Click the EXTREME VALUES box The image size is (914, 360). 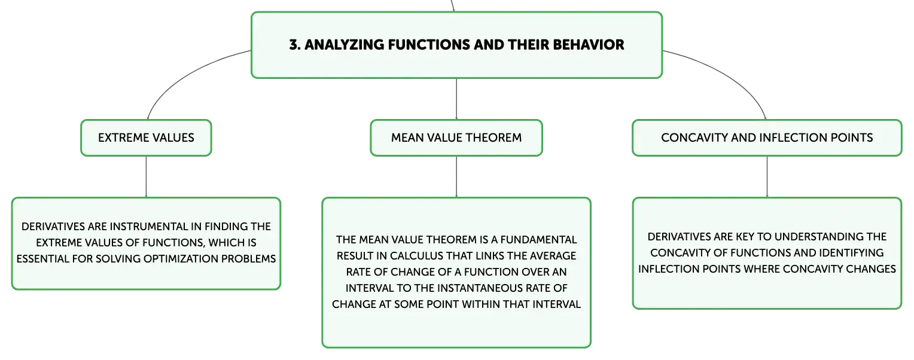click(x=146, y=138)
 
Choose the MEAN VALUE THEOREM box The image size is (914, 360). click(x=456, y=138)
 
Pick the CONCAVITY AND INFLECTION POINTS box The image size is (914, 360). click(x=767, y=138)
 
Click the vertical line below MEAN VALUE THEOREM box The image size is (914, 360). click(x=456, y=176)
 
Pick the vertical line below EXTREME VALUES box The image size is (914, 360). click(x=146, y=176)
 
